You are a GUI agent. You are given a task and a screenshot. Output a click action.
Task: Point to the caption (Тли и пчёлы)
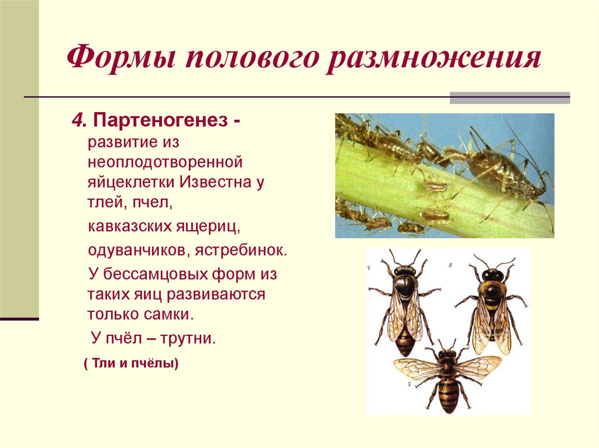coord(130,363)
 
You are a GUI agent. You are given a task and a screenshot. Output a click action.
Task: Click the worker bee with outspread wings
coord(447,374)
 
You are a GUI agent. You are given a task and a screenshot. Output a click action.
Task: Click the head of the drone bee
coord(492,275)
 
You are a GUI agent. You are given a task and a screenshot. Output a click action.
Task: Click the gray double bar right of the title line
coord(510,98)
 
